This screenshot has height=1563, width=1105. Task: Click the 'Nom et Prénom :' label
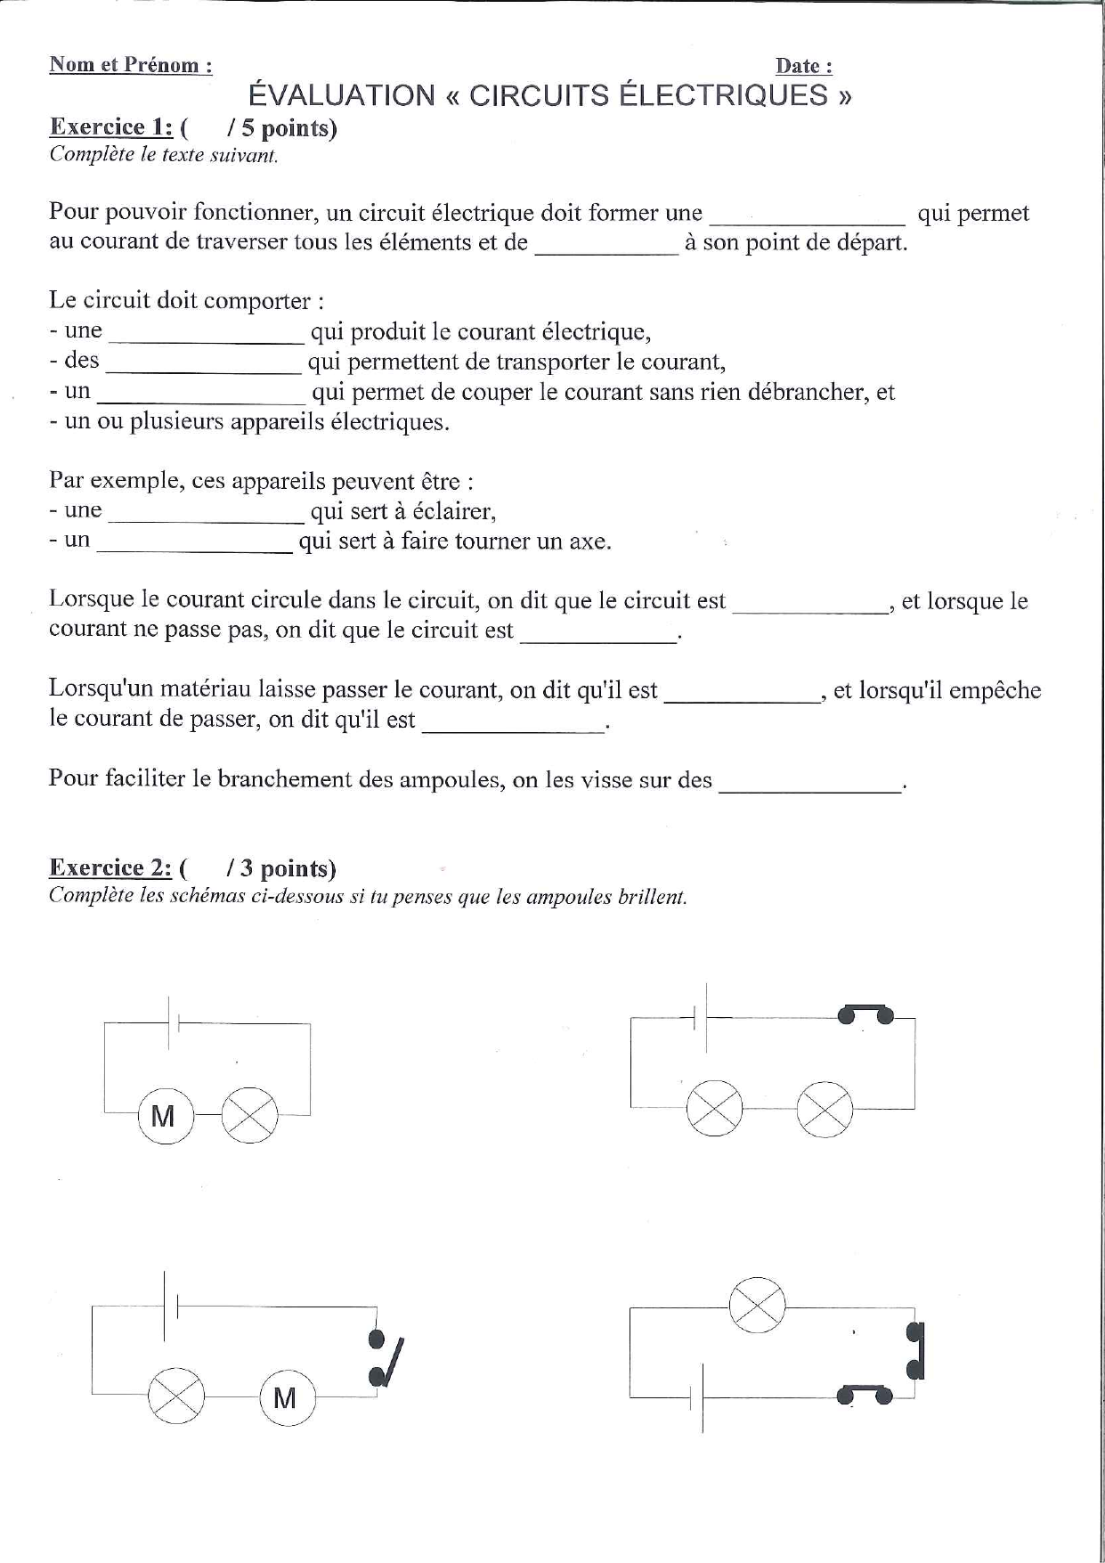coord(130,65)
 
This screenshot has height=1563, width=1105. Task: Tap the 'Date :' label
coord(803,66)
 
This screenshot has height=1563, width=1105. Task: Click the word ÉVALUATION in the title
coord(341,95)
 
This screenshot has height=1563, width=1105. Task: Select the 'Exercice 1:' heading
coord(110,126)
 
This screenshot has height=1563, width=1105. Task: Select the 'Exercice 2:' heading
coord(110,867)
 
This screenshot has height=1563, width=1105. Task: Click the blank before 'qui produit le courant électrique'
coord(207,335)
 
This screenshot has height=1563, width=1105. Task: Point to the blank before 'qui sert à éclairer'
coord(207,514)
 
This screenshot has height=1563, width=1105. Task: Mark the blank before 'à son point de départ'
coord(606,246)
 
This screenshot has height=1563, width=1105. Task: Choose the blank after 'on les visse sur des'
coord(809,784)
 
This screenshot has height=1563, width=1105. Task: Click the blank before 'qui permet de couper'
coord(202,395)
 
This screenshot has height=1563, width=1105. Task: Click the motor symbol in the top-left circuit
coord(165,1116)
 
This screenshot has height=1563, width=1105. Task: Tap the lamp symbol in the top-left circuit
coord(249,1116)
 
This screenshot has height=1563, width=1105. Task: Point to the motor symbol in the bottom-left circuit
coord(285,1398)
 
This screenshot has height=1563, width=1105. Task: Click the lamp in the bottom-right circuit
coord(757,1307)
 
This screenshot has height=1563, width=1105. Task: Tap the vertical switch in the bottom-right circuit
coord(914,1351)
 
